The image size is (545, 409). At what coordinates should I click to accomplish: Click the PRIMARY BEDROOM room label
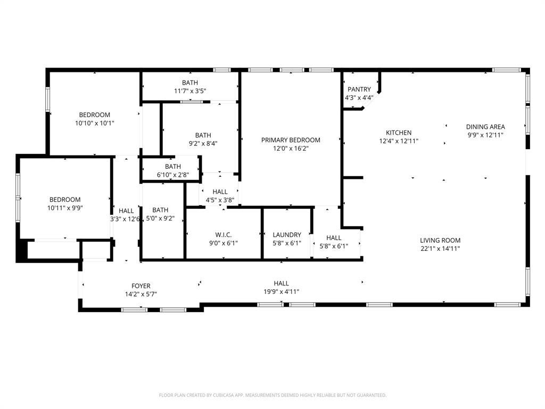tap(291, 140)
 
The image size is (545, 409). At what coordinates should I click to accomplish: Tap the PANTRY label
tap(359, 89)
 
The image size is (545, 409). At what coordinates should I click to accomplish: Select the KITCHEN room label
tap(399, 133)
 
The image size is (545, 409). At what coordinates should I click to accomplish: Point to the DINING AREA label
tap(485, 127)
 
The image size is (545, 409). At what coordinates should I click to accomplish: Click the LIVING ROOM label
tap(440, 240)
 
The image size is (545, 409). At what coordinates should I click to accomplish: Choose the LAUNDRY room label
tap(287, 235)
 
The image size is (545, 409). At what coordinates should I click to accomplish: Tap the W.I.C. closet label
tap(223, 235)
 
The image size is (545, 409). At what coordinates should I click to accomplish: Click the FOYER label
tap(141, 286)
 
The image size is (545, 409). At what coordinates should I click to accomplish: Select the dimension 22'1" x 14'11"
tap(440, 248)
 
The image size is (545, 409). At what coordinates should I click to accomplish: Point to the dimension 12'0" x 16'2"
tap(291, 149)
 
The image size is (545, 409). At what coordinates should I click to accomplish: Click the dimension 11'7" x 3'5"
tap(190, 91)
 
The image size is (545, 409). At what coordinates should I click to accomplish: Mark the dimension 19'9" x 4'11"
tap(282, 291)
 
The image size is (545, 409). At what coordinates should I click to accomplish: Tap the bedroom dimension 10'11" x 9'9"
tap(65, 208)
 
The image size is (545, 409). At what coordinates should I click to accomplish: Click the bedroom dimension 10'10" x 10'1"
tap(95, 123)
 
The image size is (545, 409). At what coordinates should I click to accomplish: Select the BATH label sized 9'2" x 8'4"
tap(203, 135)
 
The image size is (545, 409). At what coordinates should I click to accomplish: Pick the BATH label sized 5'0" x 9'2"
tap(160, 210)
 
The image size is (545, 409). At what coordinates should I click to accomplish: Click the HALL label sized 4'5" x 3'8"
tap(220, 192)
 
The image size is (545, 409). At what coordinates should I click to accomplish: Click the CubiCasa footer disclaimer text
tap(272, 395)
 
